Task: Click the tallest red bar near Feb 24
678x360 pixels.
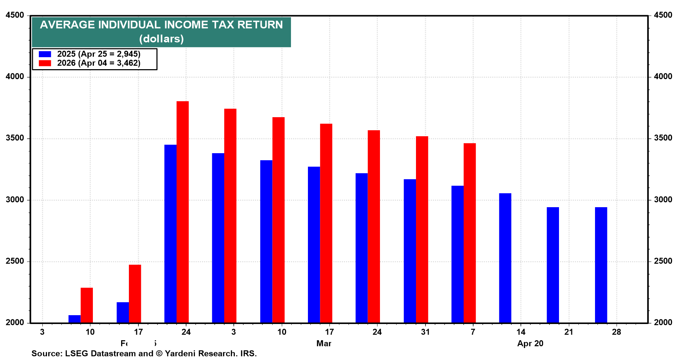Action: coord(183,212)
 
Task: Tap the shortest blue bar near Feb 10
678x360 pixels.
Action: coord(75,319)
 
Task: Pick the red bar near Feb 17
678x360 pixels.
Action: coord(135,294)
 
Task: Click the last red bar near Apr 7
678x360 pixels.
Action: coord(470,233)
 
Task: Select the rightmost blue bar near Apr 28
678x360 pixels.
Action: coord(601,265)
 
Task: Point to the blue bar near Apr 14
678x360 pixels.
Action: coord(505,258)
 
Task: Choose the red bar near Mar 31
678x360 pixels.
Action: coord(422,229)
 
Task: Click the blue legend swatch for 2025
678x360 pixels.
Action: coord(45,54)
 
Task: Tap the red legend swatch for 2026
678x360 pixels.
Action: coord(45,63)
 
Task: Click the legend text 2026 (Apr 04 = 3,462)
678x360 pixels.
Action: coord(99,63)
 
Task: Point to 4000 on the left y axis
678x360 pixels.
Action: coord(15,77)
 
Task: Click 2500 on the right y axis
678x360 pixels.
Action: coord(663,261)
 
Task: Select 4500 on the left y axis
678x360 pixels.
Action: coord(15,15)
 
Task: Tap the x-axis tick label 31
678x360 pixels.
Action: coord(425,332)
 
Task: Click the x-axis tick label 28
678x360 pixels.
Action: coord(616,332)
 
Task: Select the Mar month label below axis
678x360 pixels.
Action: coord(324,344)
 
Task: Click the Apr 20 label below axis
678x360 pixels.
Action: coord(530,344)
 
